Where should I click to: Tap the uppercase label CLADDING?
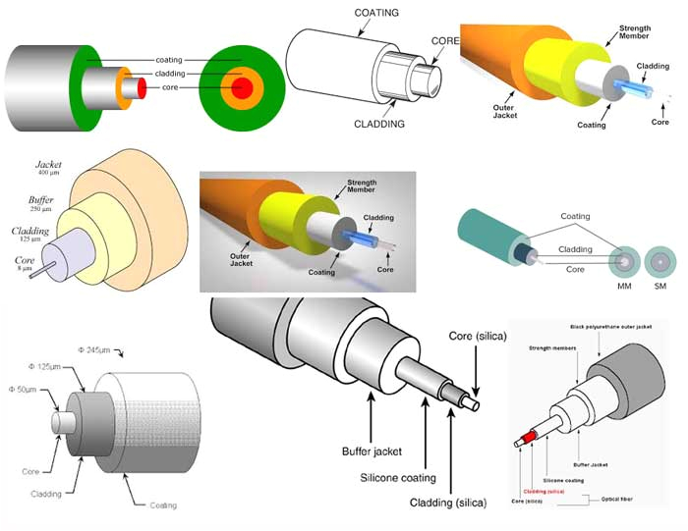tap(381, 124)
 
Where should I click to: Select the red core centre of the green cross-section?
tap(242, 88)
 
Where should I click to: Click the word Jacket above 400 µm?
tap(49, 163)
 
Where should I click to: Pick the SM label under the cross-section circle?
tap(660, 286)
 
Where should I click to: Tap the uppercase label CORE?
tap(445, 42)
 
